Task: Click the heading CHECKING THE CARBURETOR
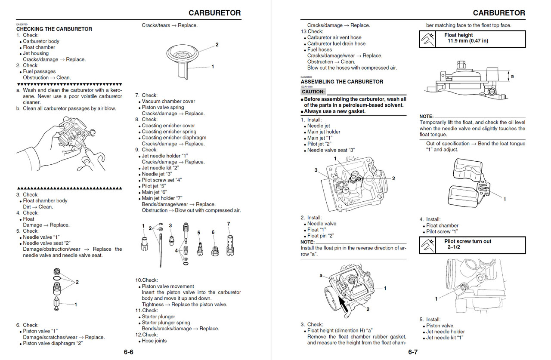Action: coord(54,29)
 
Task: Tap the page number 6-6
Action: coord(129,352)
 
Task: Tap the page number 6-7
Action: coord(413,352)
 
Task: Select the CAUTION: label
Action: coord(313,92)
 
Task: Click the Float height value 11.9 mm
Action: coord(468,41)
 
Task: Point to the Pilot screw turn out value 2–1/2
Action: coord(454,247)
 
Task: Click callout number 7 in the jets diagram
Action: coord(229,224)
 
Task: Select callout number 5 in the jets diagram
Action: coord(199,233)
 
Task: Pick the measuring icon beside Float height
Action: coord(429,39)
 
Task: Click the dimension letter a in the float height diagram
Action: coord(512,76)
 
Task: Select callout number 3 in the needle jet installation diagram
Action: coord(316,170)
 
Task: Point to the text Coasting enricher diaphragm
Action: coord(174,138)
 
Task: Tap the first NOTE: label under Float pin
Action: coord(307,242)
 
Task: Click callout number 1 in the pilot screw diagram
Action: coord(436,298)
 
